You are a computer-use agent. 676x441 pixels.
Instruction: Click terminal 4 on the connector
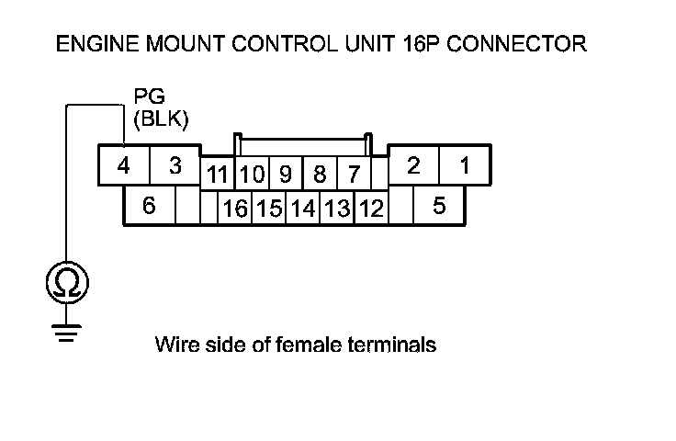click(x=123, y=166)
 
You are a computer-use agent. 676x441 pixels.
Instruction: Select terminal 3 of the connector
click(x=175, y=166)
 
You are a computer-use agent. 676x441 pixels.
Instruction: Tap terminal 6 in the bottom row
click(x=149, y=206)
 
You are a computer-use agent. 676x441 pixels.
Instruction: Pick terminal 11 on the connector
click(x=218, y=174)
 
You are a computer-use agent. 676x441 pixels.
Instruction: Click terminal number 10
click(x=253, y=174)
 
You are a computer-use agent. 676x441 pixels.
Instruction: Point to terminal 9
click(x=286, y=174)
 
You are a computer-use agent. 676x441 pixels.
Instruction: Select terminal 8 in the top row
click(x=320, y=174)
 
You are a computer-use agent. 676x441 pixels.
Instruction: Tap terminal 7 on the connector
click(x=353, y=174)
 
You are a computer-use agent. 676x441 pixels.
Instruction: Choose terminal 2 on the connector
click(x=413, y=166)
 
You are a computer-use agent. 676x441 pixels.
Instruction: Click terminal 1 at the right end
click(x=465, y=166)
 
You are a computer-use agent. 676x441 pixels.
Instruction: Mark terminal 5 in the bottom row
click(x=439, y=206)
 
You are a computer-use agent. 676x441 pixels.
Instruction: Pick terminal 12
click(x=371, y=209)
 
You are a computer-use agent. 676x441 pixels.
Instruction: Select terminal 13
click(x=337, y=209)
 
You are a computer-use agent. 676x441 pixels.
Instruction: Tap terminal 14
click(x=303, y=209)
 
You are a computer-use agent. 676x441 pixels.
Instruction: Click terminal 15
click(x=269, y=209)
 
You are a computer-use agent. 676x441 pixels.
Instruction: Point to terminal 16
click(x=235, y=209)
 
